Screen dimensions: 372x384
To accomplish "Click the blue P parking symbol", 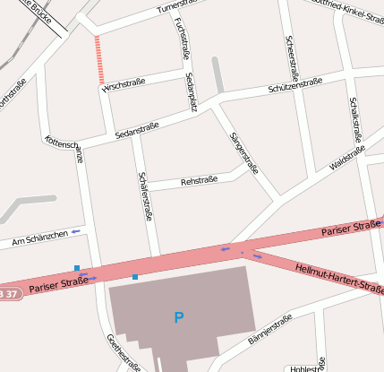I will tap(178, 317).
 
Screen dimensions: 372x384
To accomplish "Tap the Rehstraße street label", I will tap(200, 181).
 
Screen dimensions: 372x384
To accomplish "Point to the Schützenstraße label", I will tap(295, 87).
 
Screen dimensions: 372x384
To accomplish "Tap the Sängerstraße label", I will tap(244, 152).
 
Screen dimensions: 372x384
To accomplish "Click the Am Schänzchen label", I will tap(39, 238).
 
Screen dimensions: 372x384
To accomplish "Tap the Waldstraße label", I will tap(347, 160).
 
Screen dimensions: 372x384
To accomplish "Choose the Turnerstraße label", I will tap(175, 7).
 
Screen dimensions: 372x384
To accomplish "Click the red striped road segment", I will tap(99, 60).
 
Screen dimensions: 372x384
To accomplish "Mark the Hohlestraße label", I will tap(306, 368).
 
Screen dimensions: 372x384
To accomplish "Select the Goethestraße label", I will tap(124, 352).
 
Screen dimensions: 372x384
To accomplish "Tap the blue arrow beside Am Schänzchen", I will tap(76, 233).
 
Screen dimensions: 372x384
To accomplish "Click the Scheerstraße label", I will tap(291, 56).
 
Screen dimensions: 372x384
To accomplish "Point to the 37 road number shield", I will tap(7, 294).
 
